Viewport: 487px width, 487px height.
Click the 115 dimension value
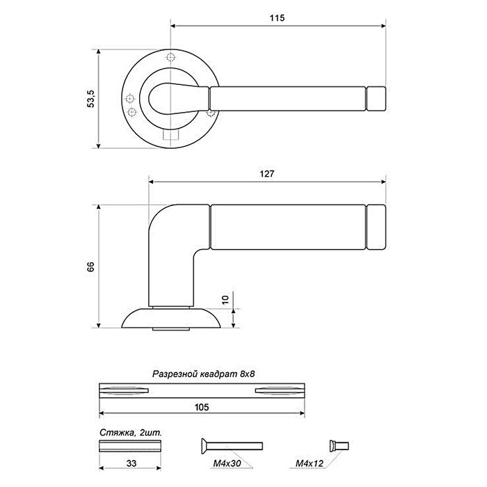277,18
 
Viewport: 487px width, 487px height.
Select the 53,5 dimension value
92,99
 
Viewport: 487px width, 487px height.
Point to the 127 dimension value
266,174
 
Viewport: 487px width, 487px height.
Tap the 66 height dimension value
90,266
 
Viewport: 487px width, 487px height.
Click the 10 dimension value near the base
225,299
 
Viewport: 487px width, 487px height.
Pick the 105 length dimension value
202,407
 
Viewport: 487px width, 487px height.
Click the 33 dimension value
131,463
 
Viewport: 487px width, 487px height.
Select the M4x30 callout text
227,463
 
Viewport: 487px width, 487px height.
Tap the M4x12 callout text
309,463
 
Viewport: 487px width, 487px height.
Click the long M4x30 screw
232,446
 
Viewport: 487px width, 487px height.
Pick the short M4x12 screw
340,446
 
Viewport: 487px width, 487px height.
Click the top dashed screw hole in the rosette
170,58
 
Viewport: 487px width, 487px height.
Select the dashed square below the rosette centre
171,135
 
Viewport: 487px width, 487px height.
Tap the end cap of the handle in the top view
376,99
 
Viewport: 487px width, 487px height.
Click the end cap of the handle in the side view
376,227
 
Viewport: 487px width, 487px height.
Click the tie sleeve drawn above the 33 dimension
130,446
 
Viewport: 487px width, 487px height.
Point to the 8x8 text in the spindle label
247,374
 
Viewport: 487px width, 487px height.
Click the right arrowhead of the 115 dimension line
383,26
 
